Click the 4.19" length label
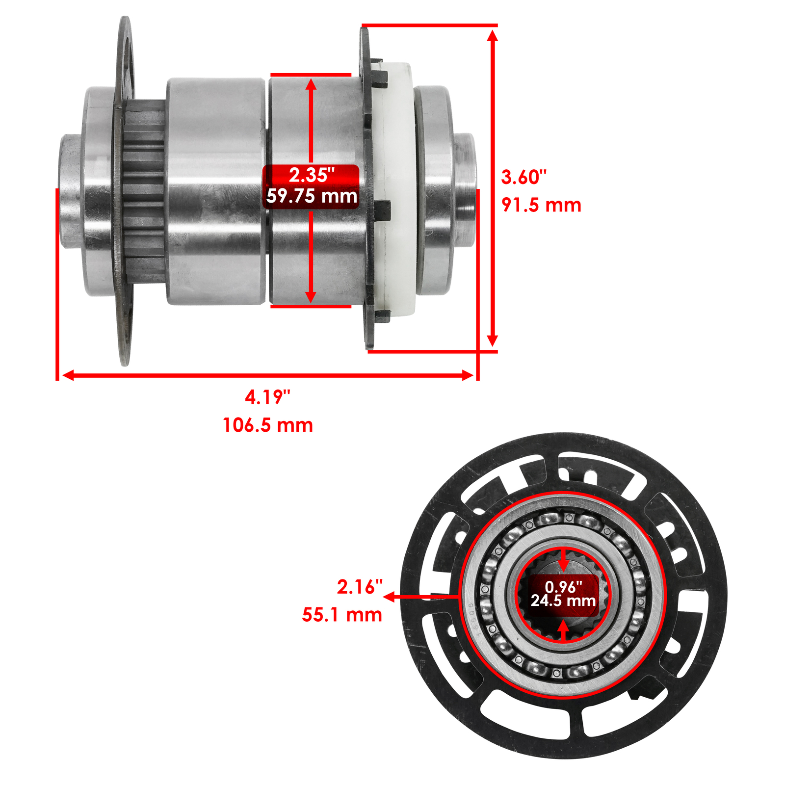267,397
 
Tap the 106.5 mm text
267,425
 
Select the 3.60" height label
523,177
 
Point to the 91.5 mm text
541,205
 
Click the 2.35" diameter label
311,175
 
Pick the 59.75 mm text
311,196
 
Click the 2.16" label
359,587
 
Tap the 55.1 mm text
341,615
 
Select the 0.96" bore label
563,587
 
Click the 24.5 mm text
563,601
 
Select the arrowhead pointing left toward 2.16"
389,597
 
